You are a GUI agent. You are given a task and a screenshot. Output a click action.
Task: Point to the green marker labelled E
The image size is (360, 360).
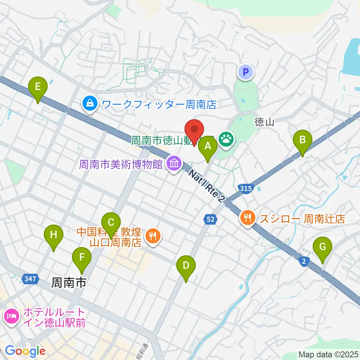pos(37,88)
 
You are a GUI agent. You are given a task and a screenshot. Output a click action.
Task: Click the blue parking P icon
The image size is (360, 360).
pos(246,72)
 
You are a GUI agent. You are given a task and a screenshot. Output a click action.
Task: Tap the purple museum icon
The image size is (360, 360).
pos(174,163)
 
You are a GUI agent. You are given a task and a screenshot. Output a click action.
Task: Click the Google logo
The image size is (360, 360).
pos(25,351)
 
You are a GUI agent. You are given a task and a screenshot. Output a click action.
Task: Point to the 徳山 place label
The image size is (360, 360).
pos(264,122)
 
